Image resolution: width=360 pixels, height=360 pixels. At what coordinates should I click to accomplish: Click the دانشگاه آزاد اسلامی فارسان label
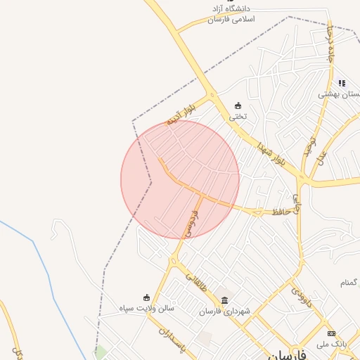pyautogui.click(x=235, y=13)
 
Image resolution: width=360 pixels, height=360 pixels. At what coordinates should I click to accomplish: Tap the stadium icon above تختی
pyautogui.click(x=238, y=105)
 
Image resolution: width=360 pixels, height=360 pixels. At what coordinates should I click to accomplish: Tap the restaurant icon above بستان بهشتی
pyautogui.click(x=342, y=82)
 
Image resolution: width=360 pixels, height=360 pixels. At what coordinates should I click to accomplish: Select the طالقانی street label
pyautogui.click(x=197, y=283)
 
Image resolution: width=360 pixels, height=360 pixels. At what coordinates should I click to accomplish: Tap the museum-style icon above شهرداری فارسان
pyautogui.click(x=224, y=300)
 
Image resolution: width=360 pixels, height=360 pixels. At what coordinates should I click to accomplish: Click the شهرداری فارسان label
pyautogui.click(x=224, y=311)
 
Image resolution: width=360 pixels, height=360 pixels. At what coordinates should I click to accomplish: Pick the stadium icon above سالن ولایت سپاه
pyautogui.click(x=146, y=297)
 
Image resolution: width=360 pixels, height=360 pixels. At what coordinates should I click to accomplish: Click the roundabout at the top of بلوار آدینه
pyautogui.click(x=210, y=96)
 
